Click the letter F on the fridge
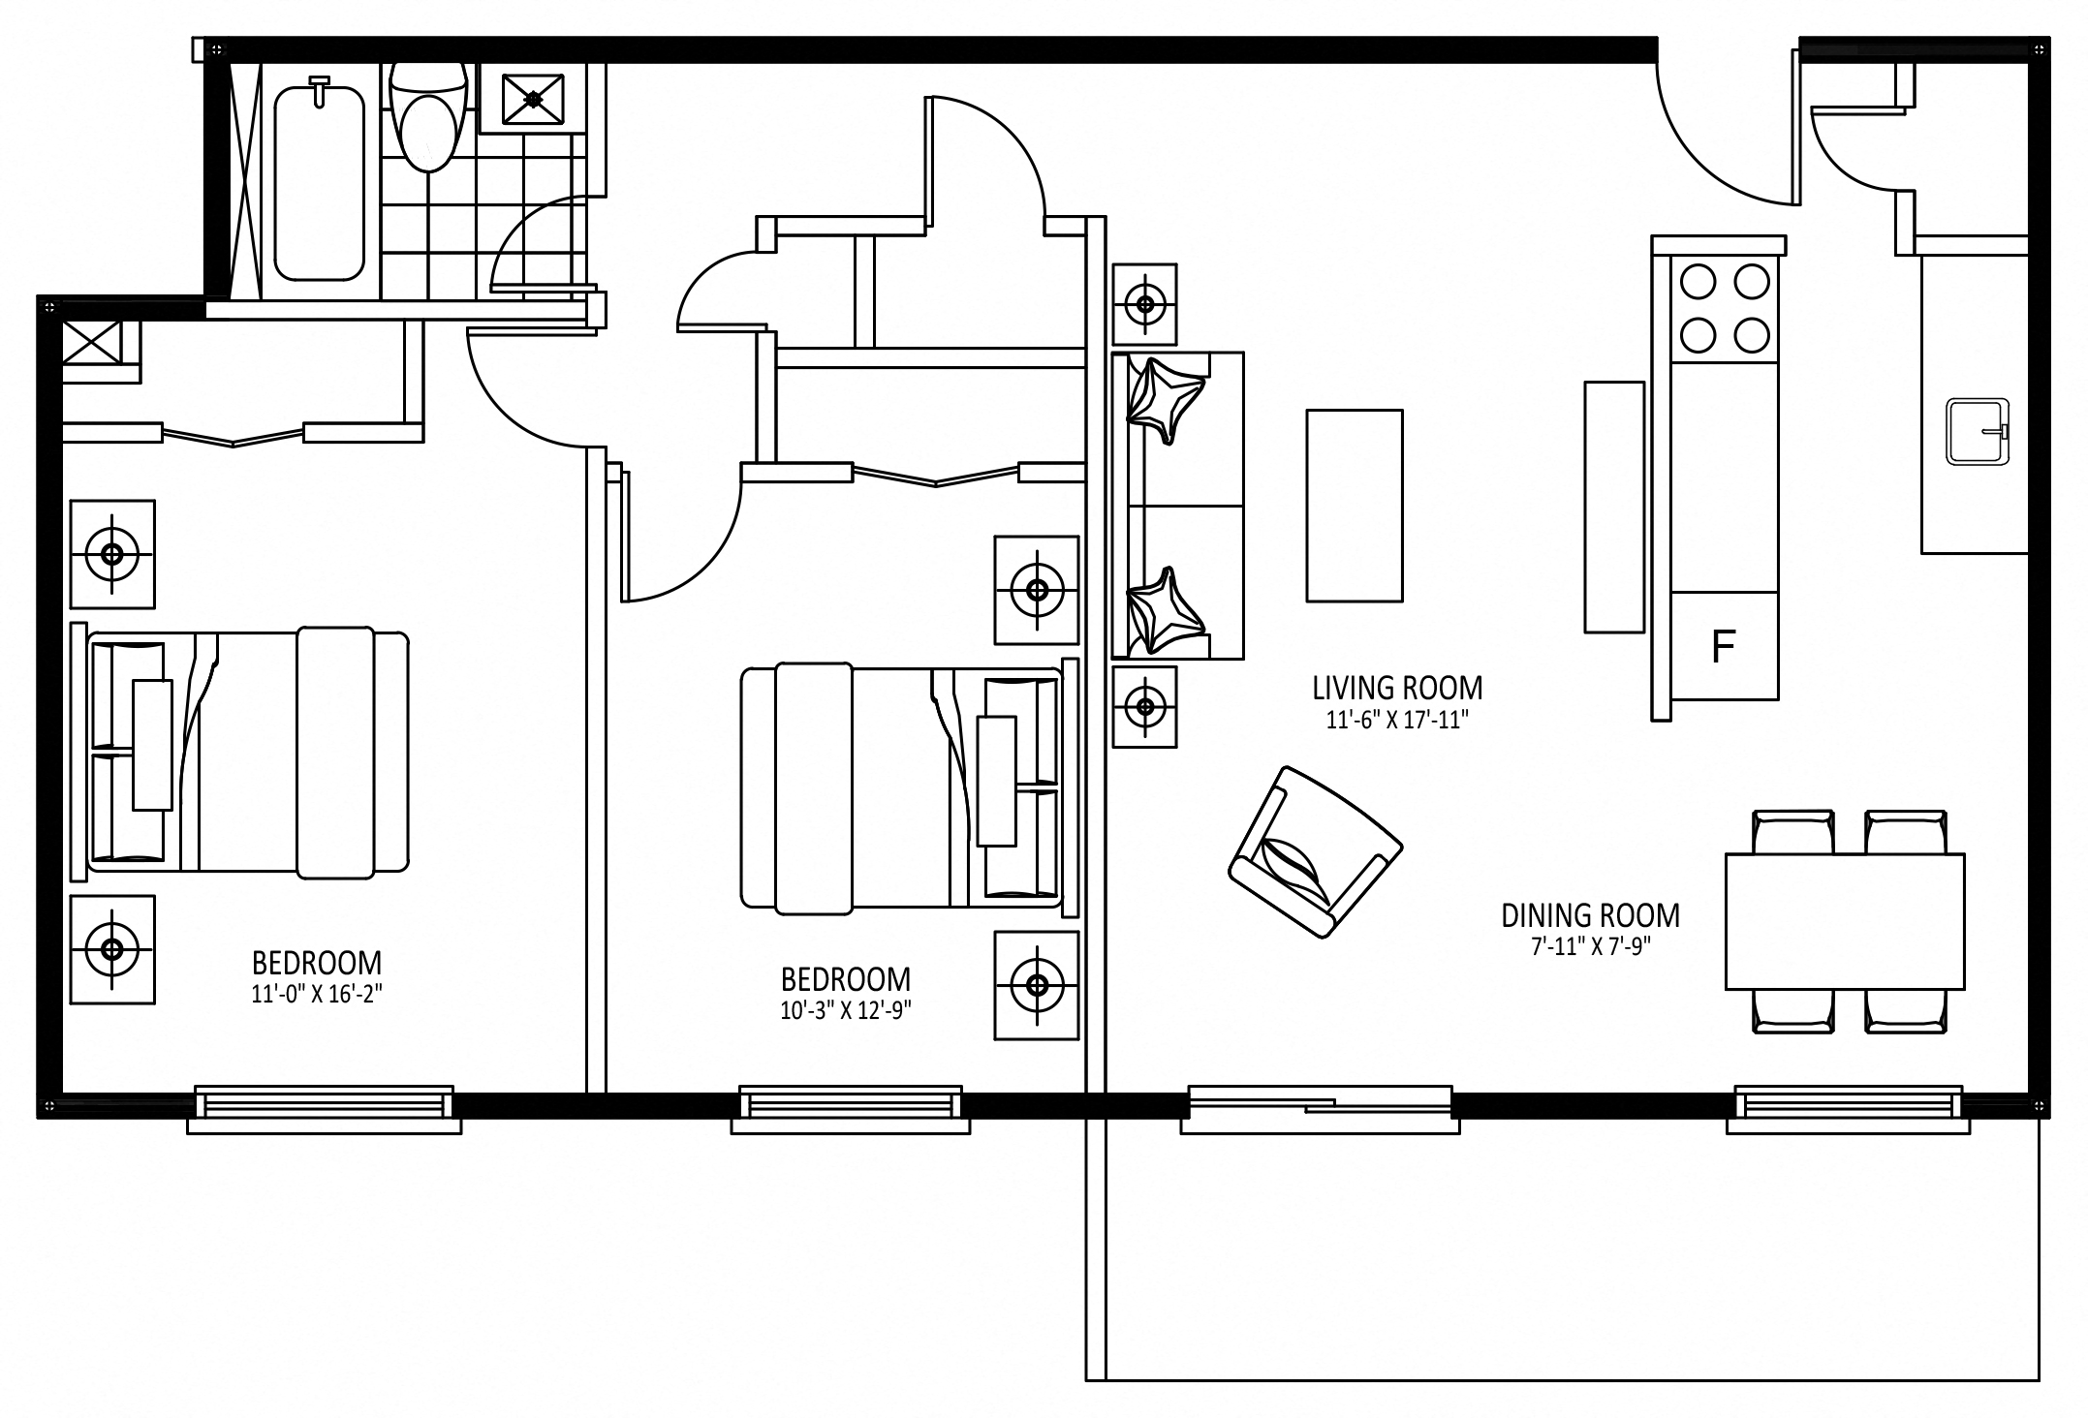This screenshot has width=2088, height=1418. (1722, 646)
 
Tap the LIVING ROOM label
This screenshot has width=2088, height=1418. (1396, 689)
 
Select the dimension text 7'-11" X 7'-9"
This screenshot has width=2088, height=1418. (1590, 946)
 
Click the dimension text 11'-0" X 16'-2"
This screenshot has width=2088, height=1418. (317, 994)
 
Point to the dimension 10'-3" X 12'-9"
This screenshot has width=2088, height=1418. (846, 1010)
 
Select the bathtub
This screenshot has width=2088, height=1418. (319, 181)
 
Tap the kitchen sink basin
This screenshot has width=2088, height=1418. (1977, 431)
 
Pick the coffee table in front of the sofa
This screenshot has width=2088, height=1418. (1354, 505)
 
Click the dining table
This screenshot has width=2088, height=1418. (1844, 921)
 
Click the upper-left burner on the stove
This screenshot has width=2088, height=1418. (1698, 283)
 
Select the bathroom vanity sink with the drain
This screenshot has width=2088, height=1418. (533, 98)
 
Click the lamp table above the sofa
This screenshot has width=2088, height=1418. (1144, 304)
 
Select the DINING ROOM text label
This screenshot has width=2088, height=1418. (1590, 915)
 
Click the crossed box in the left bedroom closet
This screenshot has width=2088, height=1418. (92, 342)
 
